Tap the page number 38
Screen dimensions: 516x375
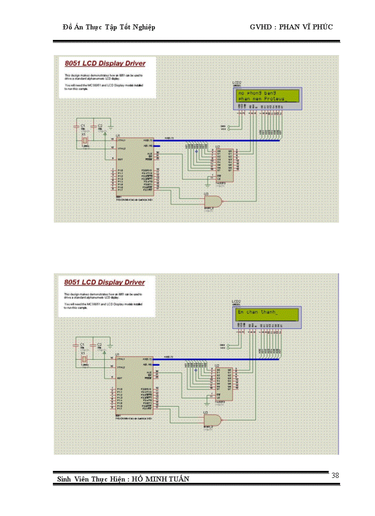click(x=335, y=476)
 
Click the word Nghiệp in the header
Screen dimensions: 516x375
click(x=142, y=27)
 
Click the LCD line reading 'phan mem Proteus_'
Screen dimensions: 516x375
click(x=261, y=99)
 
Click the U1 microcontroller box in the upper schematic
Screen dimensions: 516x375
click(x=136, y=167)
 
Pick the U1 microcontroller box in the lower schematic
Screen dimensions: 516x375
click(x=136, y=386)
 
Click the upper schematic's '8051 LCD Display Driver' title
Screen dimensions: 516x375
click(x=105, y=63)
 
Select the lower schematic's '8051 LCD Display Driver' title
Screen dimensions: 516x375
click(x=105, y=282)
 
